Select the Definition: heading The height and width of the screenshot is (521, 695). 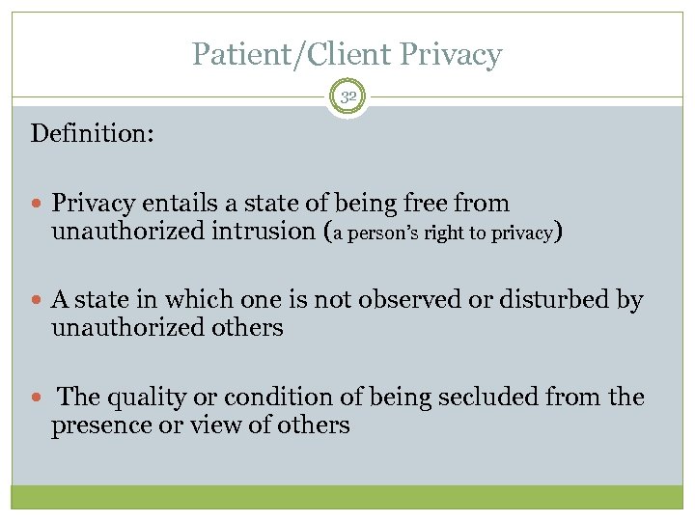92,132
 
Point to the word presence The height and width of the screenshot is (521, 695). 99,425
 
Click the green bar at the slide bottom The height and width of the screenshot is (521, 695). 347,497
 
